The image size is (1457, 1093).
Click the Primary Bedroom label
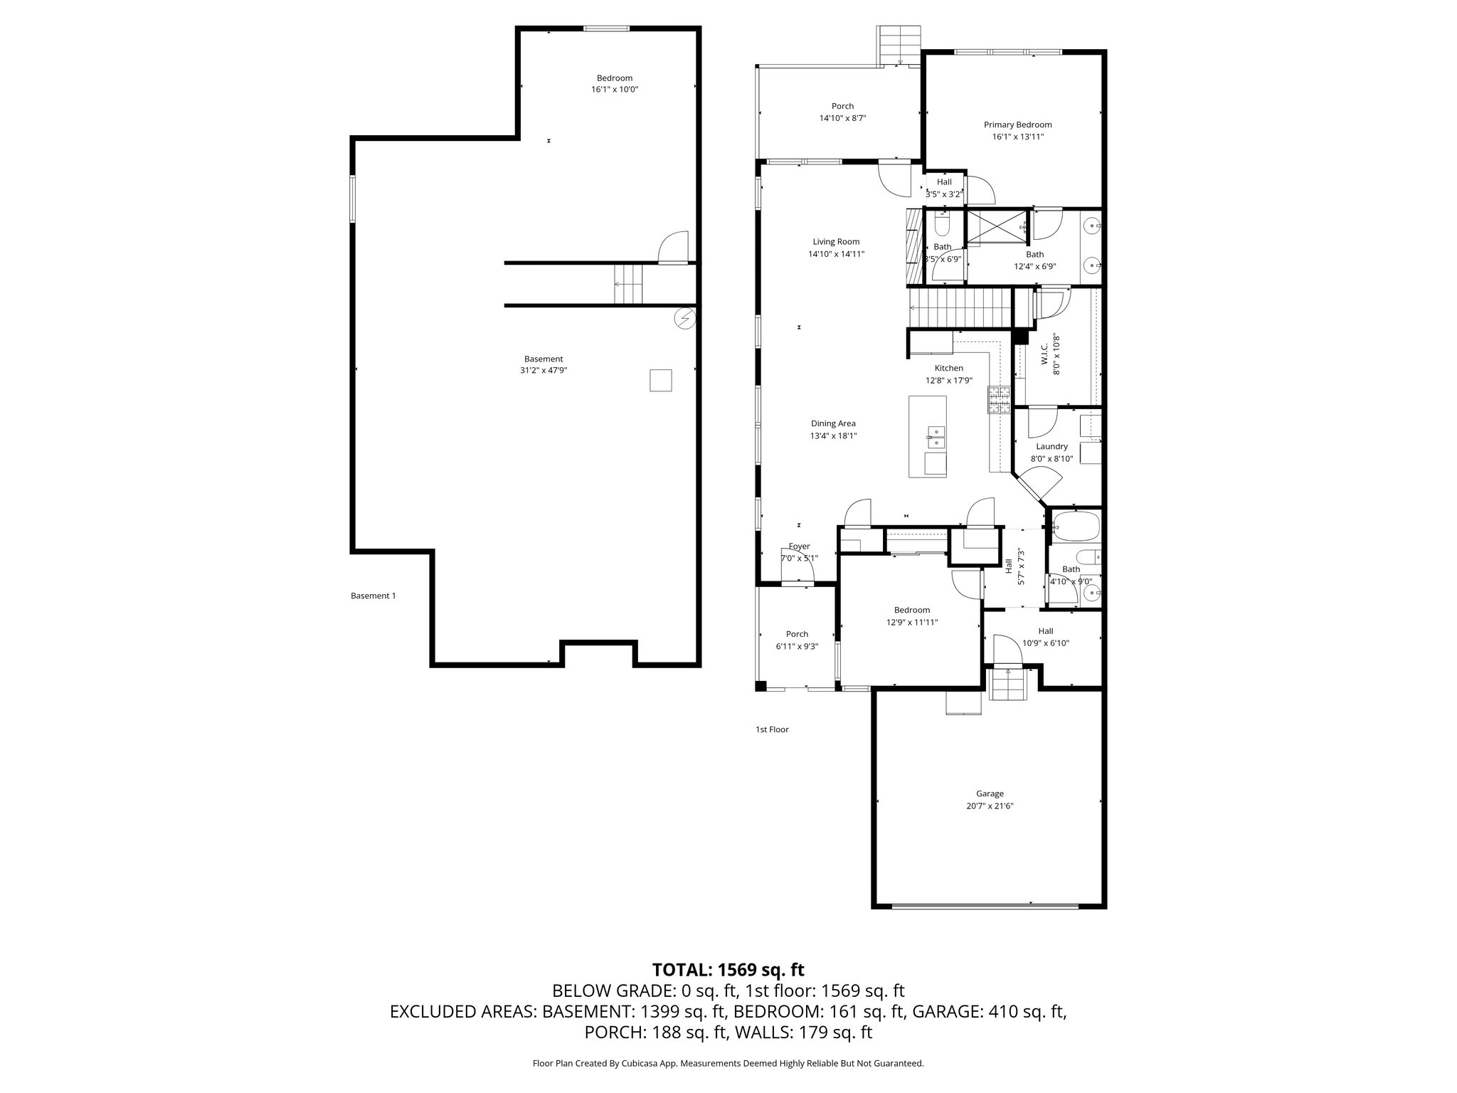(1017, 125)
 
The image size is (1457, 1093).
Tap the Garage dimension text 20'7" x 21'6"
(990, 806)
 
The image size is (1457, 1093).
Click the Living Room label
(836, 242)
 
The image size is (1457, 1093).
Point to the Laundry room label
(1051, 447)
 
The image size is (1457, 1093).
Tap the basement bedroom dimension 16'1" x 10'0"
(614, 90)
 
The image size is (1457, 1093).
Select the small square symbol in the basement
(660, 380)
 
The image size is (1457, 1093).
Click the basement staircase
(131, 283)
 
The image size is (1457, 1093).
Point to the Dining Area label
(833, 423)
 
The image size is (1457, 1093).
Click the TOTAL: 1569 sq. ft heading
(728, 969)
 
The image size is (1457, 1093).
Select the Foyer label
(799, 546)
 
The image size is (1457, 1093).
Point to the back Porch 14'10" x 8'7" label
(842, 107)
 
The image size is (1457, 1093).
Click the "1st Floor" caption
(772, 729)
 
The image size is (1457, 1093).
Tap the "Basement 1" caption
(373, 596)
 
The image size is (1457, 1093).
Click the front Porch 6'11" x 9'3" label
(797, 634)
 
